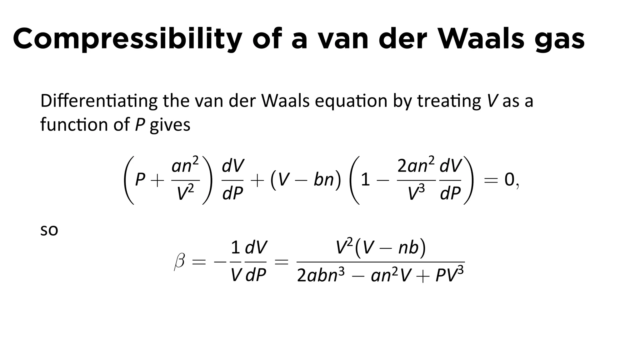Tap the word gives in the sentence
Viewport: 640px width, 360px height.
(x=170, y=125)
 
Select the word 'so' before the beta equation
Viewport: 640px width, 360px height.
(x=49, y=230)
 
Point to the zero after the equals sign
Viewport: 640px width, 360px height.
(x=509, y=180)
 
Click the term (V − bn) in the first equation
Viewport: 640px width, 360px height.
(x=306, y=180)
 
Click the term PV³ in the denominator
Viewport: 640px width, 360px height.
(x=449, y=275)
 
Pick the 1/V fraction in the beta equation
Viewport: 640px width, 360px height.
(x=236, y=261)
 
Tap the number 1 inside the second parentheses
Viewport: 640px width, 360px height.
(x=365, y=180)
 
